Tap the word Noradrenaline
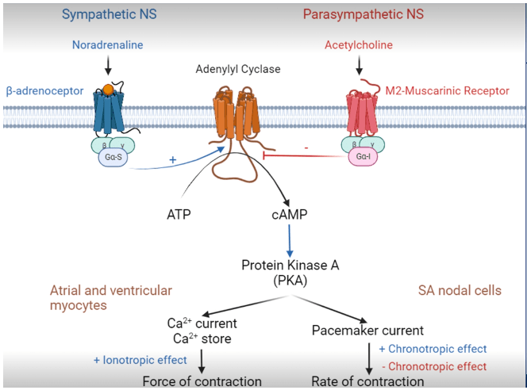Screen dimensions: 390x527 [x=108, y=45]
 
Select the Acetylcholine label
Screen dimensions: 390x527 [x=359, y=45]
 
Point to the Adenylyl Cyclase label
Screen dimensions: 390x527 [x=238, y=69]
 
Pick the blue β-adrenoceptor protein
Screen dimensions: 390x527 [x=108, y=111]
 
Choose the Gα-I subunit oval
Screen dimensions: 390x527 [x=364, y=158]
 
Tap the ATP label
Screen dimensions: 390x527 [x=179, y=214]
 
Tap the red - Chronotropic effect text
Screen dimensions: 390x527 [x=433, y=366]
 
